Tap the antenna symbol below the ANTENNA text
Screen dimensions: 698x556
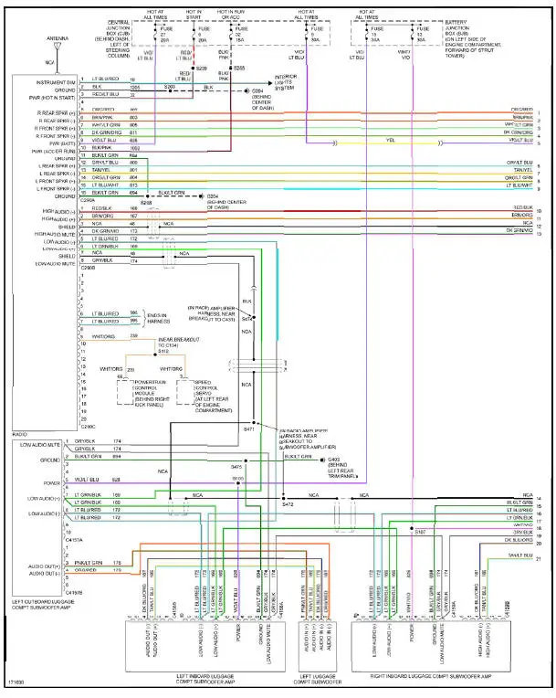click(55, 53)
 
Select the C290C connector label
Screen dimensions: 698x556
click(89, 426)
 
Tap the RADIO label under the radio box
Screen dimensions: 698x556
click(20, 434)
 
